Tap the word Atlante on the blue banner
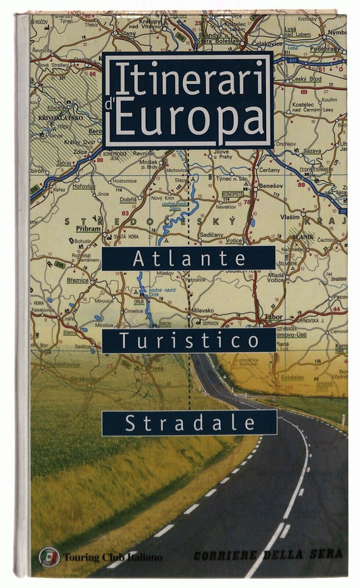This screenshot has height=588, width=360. (188, 258)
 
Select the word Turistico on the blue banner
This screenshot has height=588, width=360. (188, 340)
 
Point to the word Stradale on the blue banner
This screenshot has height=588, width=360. (188, 423)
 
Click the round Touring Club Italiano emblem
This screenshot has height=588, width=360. (49, 556)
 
